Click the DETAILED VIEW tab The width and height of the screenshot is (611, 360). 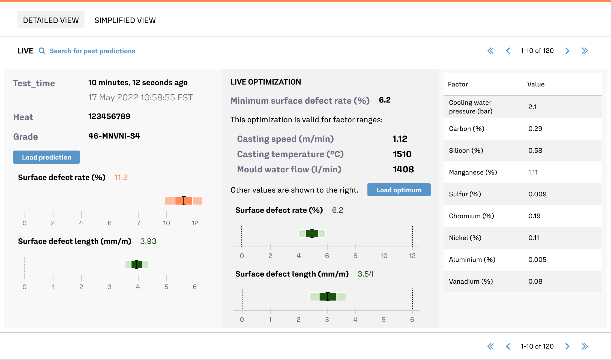click(x=51, y=20)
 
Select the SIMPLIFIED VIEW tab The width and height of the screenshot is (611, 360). click(x=125, y=20)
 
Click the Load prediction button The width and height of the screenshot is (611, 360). click(x=47, y=157)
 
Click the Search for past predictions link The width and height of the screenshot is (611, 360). click(x=92, y=51)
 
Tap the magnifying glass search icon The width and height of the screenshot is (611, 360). click(x=42, y=51)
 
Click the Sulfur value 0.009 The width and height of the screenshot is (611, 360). click(x=537, y=194)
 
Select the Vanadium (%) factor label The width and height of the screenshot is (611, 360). click(x=471, y=281)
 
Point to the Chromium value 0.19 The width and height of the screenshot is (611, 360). click(x=534, y=216)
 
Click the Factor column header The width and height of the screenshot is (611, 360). click(x=458, y=84)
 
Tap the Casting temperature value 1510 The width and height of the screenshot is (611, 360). click(x=402, y=154)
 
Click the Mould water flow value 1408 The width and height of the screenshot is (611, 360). click(x=403, y=169)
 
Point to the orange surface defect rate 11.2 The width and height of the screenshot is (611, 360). click(x=121, y=178)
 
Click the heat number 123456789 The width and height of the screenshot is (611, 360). click(x=109, y=116)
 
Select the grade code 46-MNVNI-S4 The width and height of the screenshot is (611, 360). click(x=114, y=136)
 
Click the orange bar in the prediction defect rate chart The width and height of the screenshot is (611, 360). click(x=184, y=201)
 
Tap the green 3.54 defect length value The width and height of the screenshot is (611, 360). click(x=366, y=274)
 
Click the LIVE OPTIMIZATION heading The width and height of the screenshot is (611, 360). click(x=266, y=82)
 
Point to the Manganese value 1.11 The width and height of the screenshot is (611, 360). click(x=533, y=172)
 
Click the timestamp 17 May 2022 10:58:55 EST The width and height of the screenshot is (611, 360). click(x=140, y=97)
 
